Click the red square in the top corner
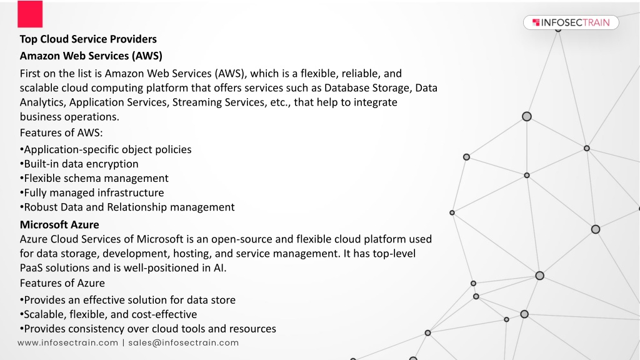pyautogui.click(x=30, y=14)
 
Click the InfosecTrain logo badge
pyautogui.click(x=571, y=22)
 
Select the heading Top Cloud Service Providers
pyautogui.click(x=88, y=39)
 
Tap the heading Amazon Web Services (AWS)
pyautogui.click(x=91, y=56)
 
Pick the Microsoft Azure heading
pyautogui.click(x=59, y=224)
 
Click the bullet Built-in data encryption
pyautogui.click(x=79, y=164)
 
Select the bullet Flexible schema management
pyautogui.click(x=94, y=178)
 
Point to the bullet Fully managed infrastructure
pyautogui.click(x=92, y=192)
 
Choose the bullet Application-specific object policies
pyautogui.click(x=106, y=150)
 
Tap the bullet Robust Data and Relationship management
pyautogui.click(x=127, y=207)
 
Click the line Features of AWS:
pyautogui.click(x=61, y=132)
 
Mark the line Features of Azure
pyautogui.click(x=62, y=283)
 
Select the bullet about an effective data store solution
pyautogui.click(x=127, y=300)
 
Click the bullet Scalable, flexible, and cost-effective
pyautogui.click(x=108, y=314)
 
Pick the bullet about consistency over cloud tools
pyautogui.click(x=147, y=329)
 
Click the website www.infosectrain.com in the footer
pyautogui.click(x=67, y=343)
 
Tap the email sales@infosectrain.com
pyautogui.click(x=184, y=343)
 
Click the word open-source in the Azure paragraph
pyautogui.click(x=252, y=239)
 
